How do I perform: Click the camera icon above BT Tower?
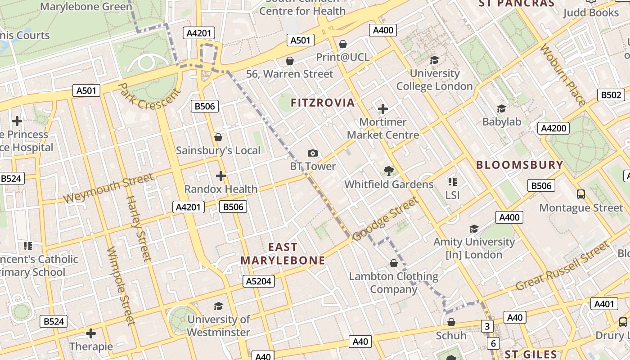point(313,153)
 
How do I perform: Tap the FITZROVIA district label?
point(323,103)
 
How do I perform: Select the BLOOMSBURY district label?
point(520,165)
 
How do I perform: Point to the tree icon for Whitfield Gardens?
point(388,171)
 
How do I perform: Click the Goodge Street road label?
point(385,219)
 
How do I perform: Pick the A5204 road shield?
point(259,281)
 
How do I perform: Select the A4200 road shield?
point(553,128)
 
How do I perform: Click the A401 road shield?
point(604,304)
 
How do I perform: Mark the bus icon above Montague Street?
point(581,194)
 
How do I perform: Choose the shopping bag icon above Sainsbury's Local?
point(218,137)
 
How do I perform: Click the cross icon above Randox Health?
point(220,176)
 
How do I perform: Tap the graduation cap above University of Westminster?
point(218,306)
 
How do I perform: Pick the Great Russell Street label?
point(562,266)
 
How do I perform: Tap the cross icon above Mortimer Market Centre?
point(383,109)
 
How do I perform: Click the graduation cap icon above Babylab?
point(501,108)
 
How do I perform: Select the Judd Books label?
point(591,13)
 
